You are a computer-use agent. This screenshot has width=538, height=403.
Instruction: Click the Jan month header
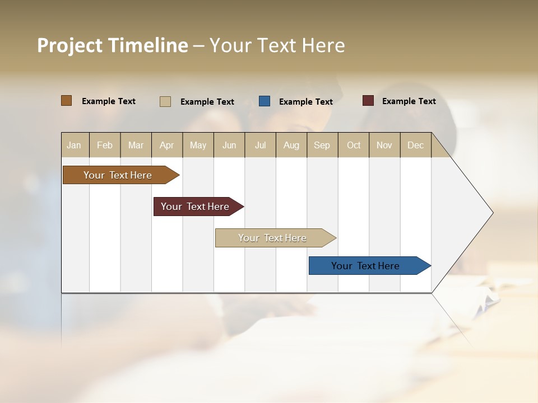(x=74, y=145)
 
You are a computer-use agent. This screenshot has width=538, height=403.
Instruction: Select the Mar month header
(x=136, y=145)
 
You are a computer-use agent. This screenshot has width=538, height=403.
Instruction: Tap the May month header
(x=198, y=145)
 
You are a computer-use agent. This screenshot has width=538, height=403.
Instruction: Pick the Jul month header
(x=260, y=145)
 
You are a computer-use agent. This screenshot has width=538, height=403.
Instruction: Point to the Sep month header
(x=322, y=145)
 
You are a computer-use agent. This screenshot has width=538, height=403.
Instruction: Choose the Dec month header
(x=415, y=145)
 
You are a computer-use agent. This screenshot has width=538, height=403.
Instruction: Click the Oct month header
(x=354, y=145)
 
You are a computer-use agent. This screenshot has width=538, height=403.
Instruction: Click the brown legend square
(x=67, y=101)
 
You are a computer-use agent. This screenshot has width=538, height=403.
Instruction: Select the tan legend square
(x=165, y=101)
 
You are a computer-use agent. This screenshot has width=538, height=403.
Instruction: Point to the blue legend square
(x=265, y=101)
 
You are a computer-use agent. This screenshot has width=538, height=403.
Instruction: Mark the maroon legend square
(x=368, y=101)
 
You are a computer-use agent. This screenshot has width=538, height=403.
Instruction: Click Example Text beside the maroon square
(x=409, y=101)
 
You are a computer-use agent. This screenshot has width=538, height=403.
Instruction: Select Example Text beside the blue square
(x=305, y=102)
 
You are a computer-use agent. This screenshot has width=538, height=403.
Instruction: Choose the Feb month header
(x=105, y=145)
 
